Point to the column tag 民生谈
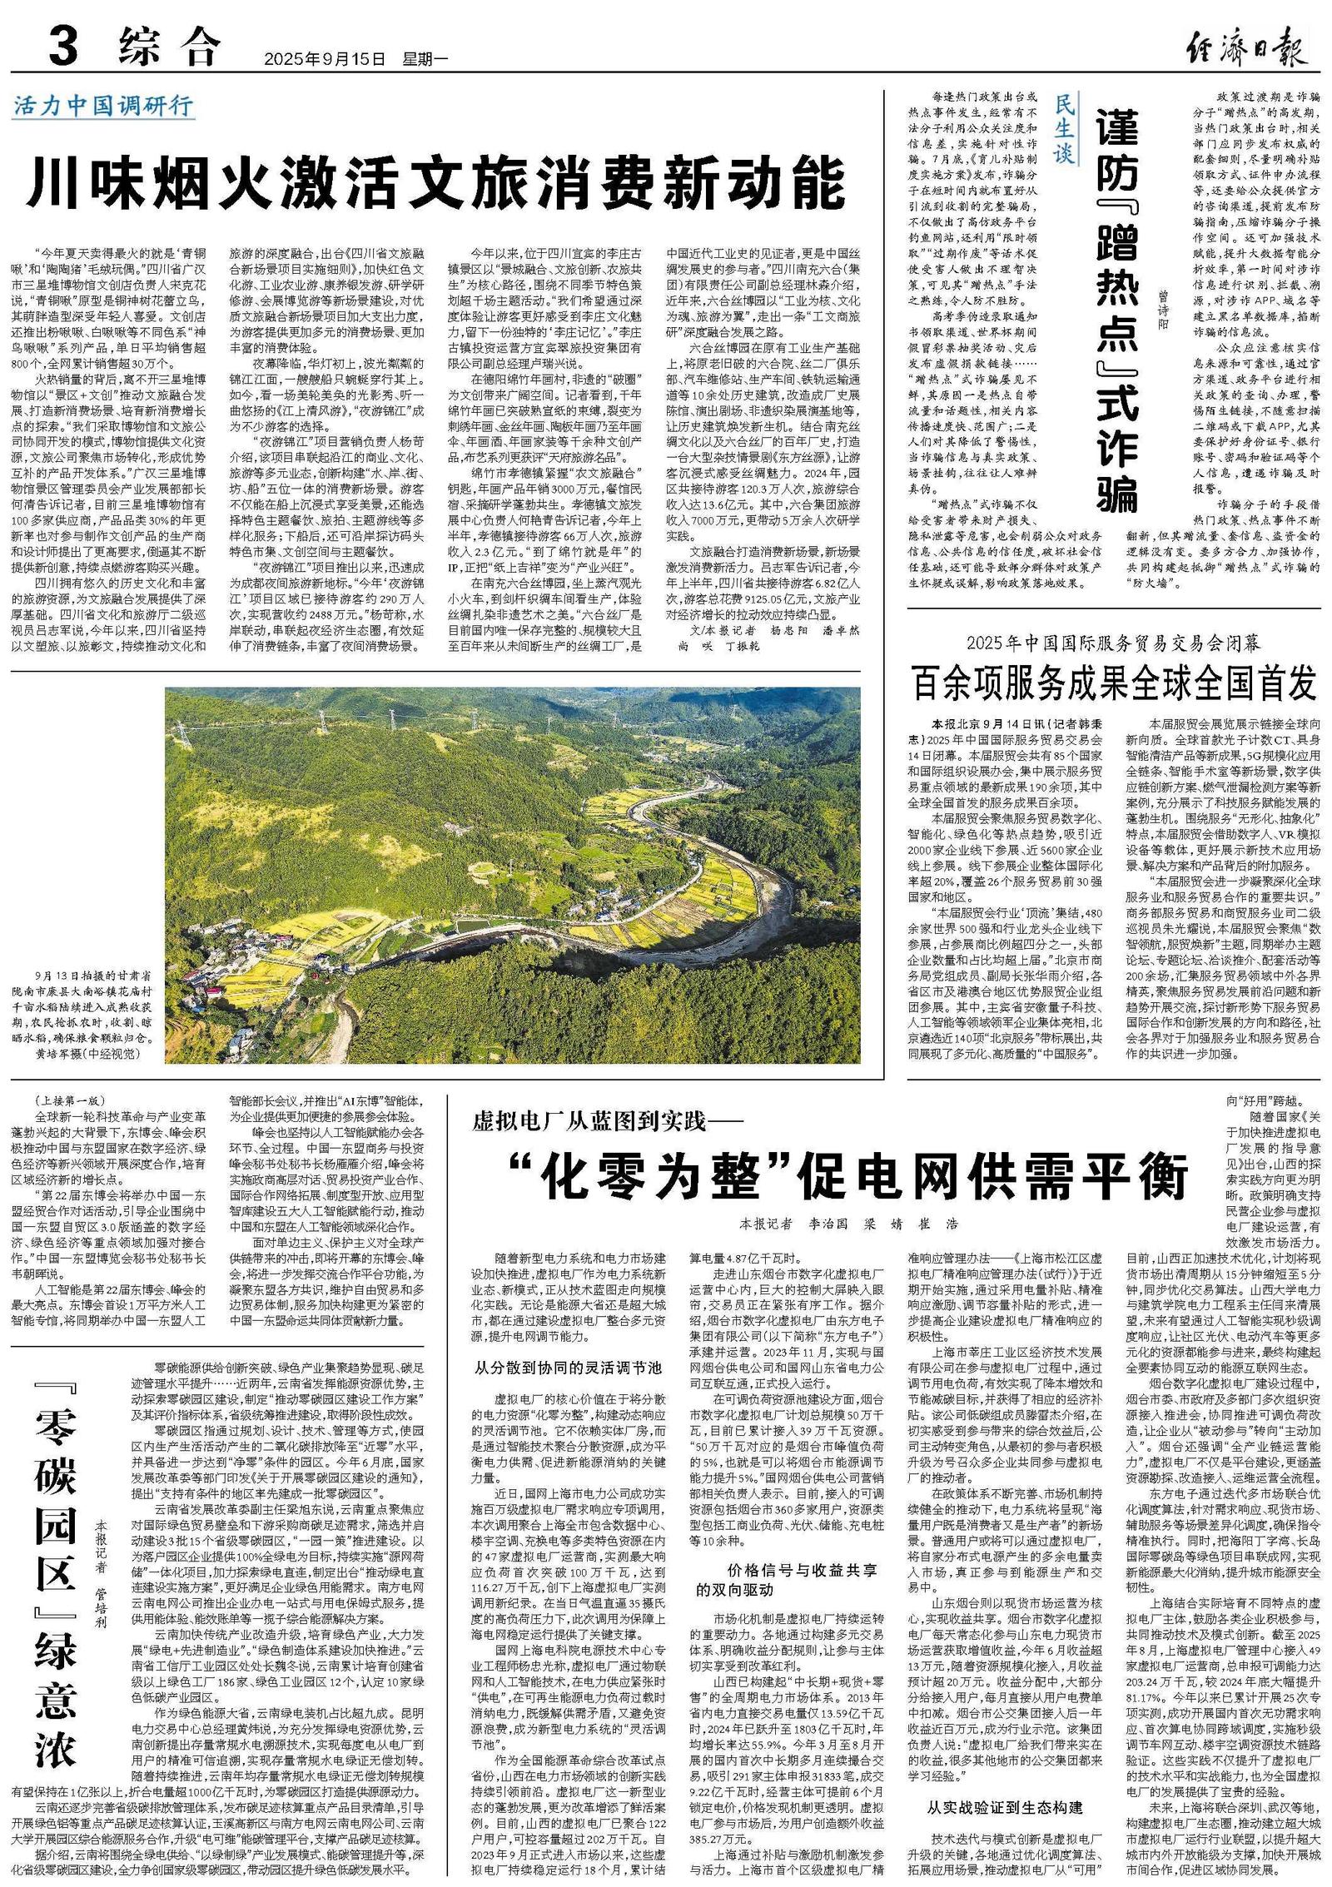click(x=1065, y=128)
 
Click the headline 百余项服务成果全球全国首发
click(x=1115, y=683)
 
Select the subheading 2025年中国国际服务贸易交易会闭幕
click(x=1113, y=643)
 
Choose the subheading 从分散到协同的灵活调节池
click(x=568, y=1367)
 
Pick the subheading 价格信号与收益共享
click(x=803, y=1570)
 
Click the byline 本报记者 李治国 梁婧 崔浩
click(x=848, y=1224)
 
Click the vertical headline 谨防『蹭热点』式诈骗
click(x=1116, y=309)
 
